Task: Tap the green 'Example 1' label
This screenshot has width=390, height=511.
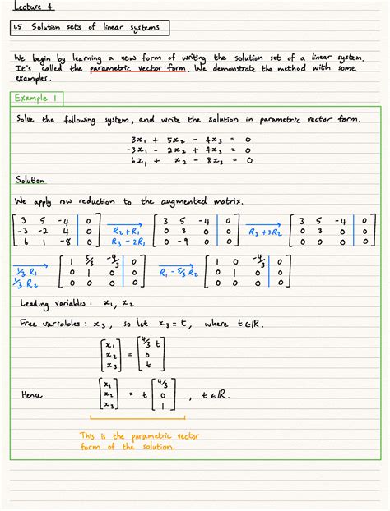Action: [x=38, y=98]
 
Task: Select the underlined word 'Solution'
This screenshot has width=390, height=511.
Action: [x=30, y=180]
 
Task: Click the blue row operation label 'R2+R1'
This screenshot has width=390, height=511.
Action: [x=123, y=232]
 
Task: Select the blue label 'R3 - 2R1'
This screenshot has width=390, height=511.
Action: [x=123, y=243]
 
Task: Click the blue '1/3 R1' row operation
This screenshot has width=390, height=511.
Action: [x=25, y=270]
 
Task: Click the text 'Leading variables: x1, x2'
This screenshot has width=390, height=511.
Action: [x=73, y=303]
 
